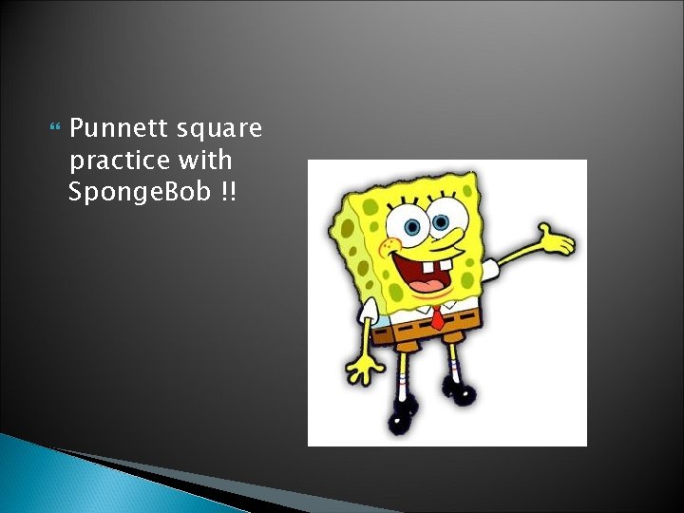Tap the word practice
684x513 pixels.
(x=119, y=160)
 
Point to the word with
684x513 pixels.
(x=210, y=160)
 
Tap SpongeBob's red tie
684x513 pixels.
(x=437, y=318)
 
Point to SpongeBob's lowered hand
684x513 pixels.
(x=364, y=366)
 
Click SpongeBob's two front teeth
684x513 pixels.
(x=433, y=284)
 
